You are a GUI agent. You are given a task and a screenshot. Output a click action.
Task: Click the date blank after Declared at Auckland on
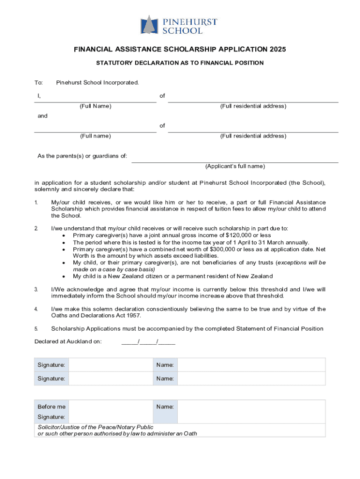148,341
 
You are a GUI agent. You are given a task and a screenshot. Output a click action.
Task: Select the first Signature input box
111,365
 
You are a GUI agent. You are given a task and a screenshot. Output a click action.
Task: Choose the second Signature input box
111,378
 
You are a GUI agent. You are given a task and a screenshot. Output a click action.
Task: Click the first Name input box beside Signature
251,365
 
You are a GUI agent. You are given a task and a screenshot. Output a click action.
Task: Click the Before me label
51,407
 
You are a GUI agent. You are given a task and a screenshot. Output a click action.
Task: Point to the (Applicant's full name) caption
235,167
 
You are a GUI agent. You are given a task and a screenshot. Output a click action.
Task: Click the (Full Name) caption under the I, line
95,106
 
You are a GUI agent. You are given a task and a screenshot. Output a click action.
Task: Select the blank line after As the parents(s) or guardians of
235,159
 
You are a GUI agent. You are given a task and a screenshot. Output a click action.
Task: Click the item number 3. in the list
36,290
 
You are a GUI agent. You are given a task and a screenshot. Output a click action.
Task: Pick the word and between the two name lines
43,116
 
